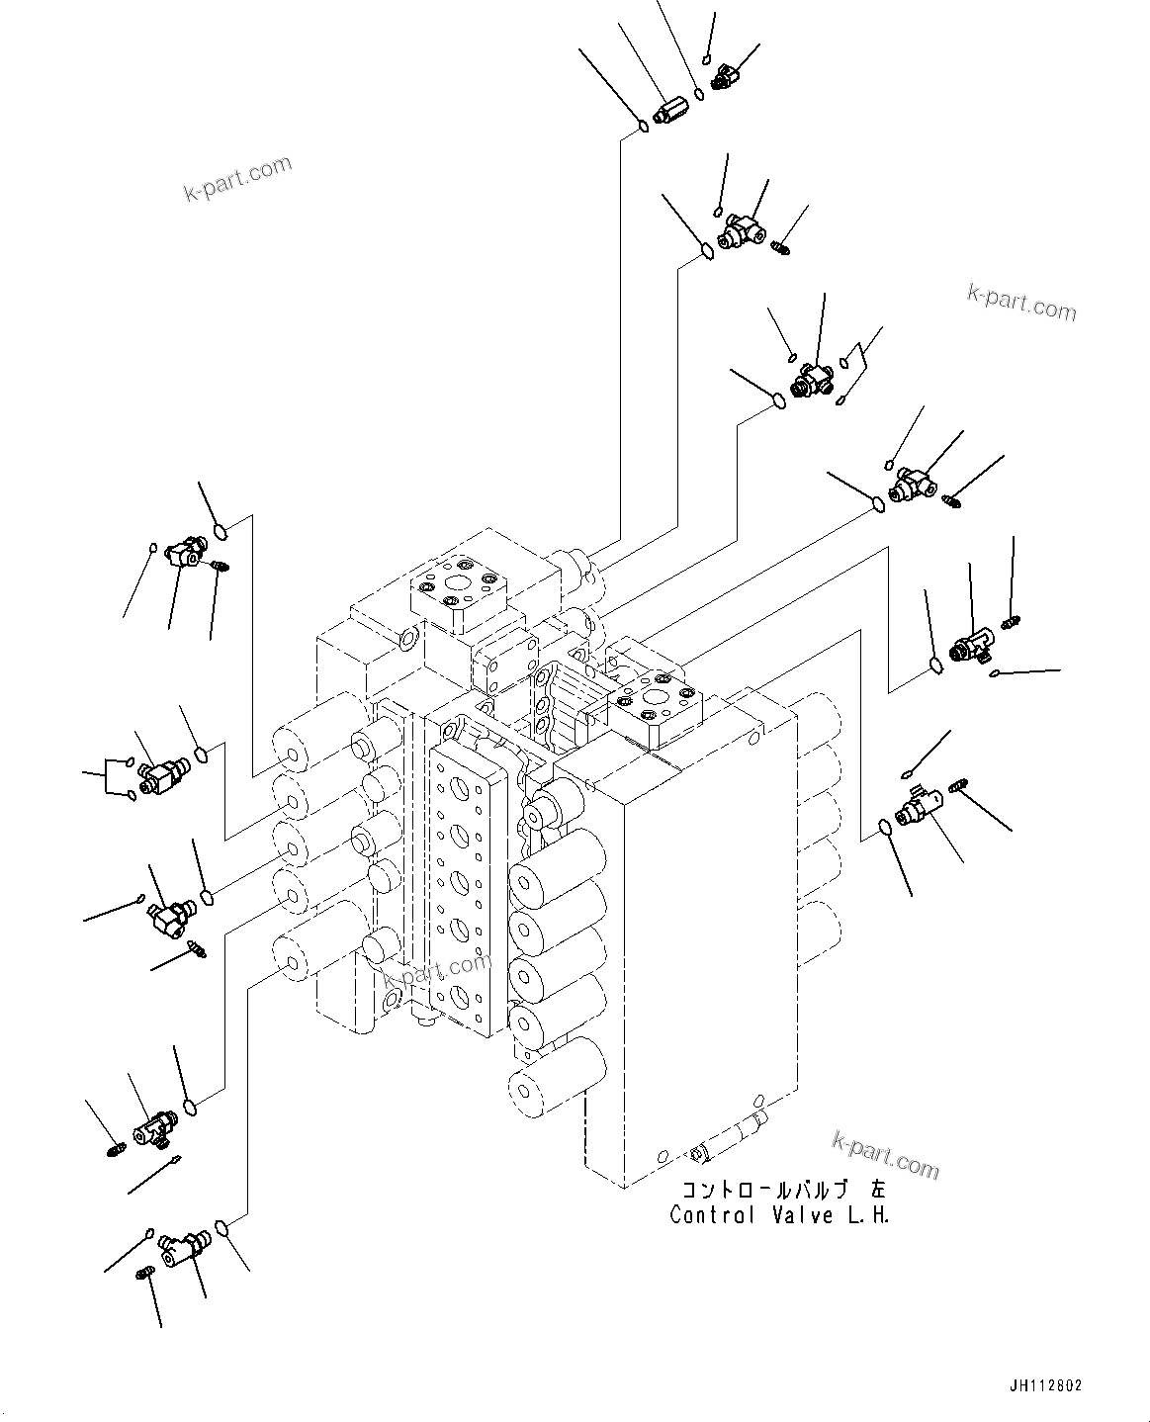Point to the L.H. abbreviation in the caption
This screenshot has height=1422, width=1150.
point(870,1214)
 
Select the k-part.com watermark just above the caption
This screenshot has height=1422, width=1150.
point(886,1155)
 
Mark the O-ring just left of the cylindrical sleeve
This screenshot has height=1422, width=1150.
point(644,126)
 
